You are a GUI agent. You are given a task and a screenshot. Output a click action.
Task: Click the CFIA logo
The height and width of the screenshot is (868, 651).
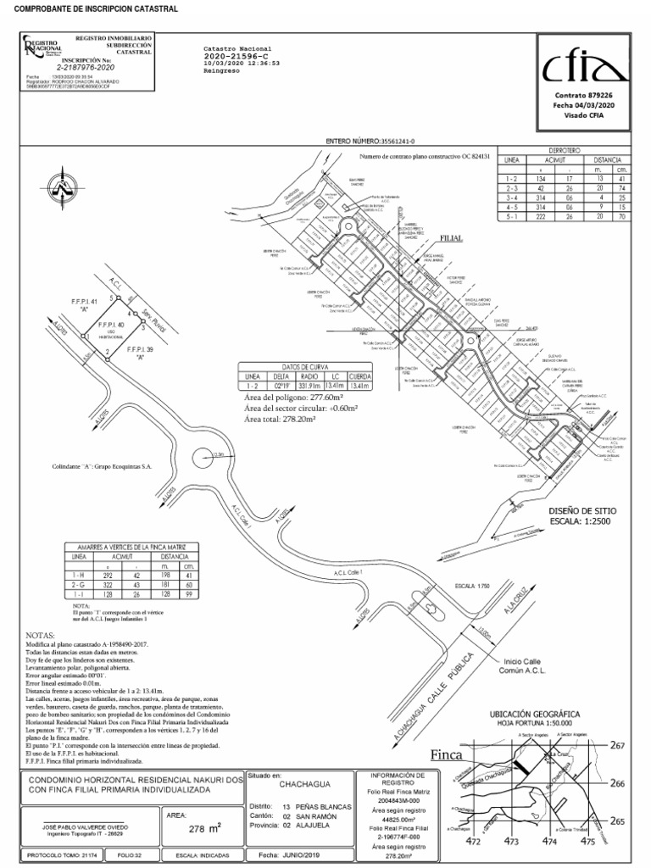(580, 66)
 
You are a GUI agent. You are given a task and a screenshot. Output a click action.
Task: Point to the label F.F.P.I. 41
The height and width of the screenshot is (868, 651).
(84, 302)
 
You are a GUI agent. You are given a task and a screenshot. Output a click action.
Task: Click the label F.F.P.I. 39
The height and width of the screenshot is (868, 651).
(141, 349)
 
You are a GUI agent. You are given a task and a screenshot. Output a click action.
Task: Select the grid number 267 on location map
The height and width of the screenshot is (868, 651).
(618, 745)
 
